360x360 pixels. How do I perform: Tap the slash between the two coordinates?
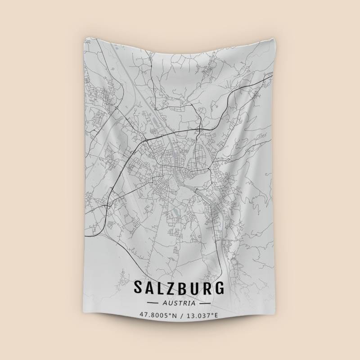click(180, 315)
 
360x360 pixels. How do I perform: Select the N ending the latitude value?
click(174, 315)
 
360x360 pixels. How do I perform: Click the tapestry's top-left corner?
click(84, 39)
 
